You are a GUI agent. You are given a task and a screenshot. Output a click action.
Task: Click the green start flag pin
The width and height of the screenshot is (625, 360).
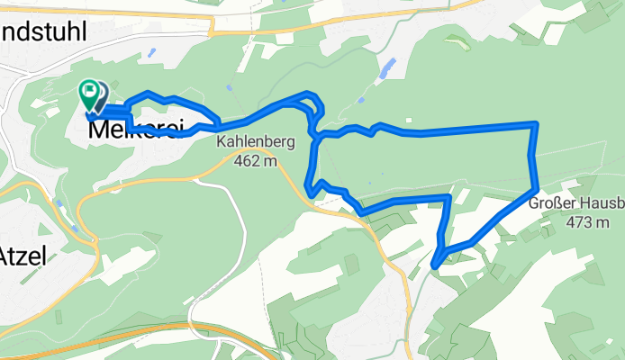click(x=89, y=91)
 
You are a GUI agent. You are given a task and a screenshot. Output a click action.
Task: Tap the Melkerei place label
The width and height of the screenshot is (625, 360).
click(x=128, y=131)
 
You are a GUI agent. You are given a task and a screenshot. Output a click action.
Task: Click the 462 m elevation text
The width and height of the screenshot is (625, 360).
click(x=255, y=161)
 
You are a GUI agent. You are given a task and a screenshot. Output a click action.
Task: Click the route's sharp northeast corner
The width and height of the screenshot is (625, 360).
click(x=536, y=123)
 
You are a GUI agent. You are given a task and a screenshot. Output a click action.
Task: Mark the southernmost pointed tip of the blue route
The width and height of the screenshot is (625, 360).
click(x=435, y=265)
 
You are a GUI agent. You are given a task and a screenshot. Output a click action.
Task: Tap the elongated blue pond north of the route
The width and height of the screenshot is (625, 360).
click(x=388, y=67)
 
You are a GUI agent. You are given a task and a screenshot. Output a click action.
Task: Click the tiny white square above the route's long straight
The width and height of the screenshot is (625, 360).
click(x=407, y=120)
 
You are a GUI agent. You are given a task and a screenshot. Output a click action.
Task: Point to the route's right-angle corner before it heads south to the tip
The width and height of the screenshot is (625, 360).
click(x=448, y=196)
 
